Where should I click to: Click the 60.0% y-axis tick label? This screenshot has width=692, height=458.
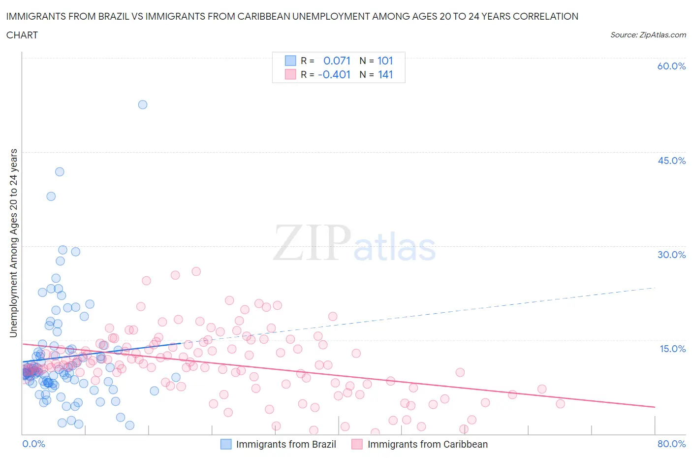click(671, 66)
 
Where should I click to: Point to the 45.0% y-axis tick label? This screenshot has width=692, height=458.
click(671, 161)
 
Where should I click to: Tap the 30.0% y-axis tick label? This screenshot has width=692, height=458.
click(671, 255)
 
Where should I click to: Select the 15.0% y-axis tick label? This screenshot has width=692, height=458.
click(672, 349)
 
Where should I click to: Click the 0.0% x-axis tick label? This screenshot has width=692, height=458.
click(33, 444)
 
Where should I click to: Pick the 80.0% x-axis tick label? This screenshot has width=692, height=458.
click(671, 444)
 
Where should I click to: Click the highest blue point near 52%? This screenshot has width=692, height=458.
click(143, 104)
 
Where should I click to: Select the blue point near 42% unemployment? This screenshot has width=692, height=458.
click(60, 172)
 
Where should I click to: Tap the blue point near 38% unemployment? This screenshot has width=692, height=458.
click(51, 196)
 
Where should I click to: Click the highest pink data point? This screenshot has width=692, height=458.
click(196, 271)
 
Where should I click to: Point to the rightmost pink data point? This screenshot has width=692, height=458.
click(560, 404)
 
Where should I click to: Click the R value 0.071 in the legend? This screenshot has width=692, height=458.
click(337, 61)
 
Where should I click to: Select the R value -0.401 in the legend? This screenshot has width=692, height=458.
click(334, 74)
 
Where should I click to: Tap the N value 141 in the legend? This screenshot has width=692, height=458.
click(385, 74)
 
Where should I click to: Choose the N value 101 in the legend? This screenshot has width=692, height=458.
click(385, 61)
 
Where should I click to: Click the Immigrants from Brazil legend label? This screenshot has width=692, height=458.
click(286, 444)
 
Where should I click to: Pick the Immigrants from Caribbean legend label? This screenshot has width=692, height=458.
click(427, 444)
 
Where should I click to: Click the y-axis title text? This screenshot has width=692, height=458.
click(13, 243)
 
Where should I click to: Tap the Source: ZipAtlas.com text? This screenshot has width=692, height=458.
click(648, 35)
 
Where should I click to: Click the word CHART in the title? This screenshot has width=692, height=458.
click(22, 35)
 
